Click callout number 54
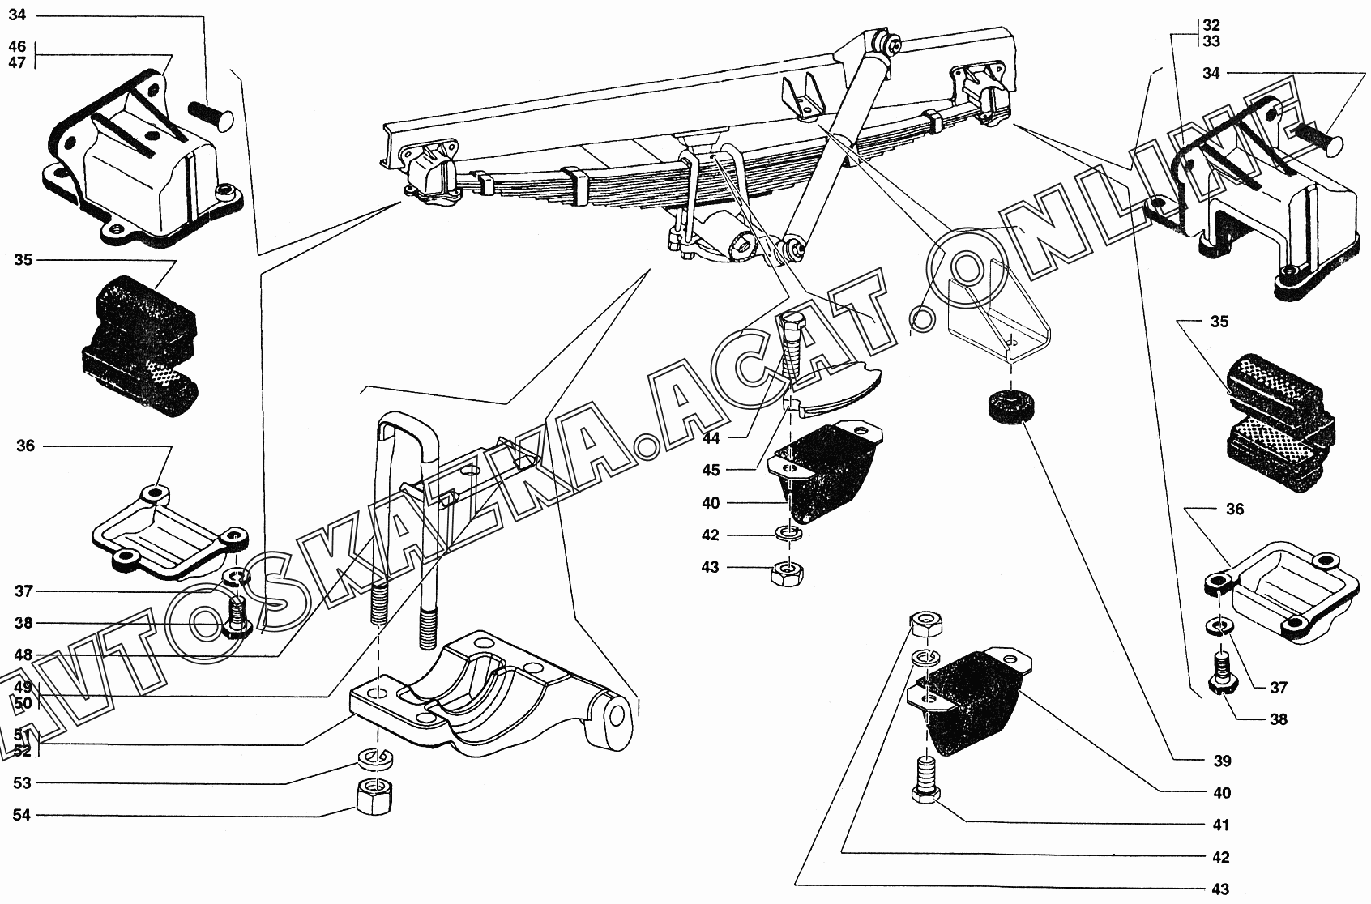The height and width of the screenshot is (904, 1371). (22, 815)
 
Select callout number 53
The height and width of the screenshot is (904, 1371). (22, 783)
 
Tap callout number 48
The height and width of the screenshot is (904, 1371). (22, 655)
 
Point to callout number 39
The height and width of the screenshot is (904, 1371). (1222, 761)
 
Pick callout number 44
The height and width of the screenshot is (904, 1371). (711, 438)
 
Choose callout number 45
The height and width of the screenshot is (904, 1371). (711, 471)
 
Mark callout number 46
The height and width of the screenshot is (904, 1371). (18, 46)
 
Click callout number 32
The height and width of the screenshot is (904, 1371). (1211, 25)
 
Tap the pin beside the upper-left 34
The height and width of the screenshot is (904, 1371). (210, 114)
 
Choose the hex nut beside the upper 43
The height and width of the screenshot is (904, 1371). (924, 624)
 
